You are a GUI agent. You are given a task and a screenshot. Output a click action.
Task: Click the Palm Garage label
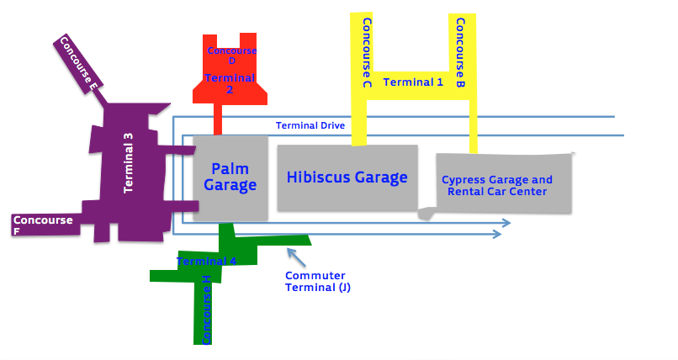[x=230, y=177]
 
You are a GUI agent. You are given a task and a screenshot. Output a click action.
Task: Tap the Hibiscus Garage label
[x=347, y=177]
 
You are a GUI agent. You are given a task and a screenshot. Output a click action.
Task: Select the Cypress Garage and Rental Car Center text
[x=497, y=185]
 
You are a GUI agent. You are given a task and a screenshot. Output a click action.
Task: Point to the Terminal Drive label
[x=310, y=126]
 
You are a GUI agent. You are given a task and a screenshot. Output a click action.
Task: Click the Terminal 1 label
[x=413, y=82]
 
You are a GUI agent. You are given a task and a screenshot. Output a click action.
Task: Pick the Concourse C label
[x=367, y=52]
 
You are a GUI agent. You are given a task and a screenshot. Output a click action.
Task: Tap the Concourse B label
[x=461, y=53]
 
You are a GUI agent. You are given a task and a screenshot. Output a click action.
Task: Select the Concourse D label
[x=231, y=56]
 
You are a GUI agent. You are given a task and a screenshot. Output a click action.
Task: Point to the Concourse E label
[x=80, y=63]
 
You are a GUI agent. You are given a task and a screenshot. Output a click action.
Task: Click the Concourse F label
[x=42, y=225]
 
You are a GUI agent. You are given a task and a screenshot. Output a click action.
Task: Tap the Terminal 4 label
[x=206, y=262]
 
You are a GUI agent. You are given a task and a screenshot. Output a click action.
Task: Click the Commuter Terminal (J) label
[x=317, y=282]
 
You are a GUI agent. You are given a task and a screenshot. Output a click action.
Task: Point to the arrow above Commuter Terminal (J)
[x=294, y=256]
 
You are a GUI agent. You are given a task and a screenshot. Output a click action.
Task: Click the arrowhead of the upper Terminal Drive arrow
[x=506, y=223]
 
